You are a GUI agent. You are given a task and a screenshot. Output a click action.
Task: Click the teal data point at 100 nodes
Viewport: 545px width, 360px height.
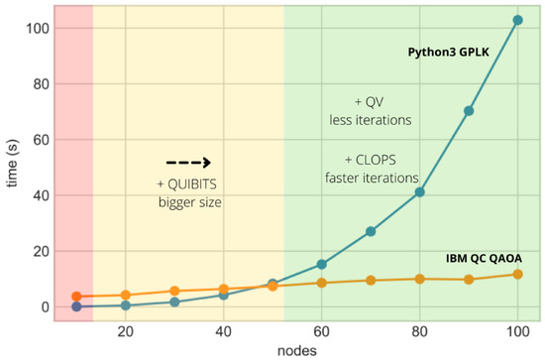point(517,20)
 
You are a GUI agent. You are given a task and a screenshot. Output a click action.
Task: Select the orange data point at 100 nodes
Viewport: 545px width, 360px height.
point(517,274)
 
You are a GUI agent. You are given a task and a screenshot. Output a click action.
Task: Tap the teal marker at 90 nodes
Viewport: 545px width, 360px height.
point(469,110)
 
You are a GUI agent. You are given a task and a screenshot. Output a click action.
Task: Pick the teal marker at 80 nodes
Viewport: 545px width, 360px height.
point(419,191)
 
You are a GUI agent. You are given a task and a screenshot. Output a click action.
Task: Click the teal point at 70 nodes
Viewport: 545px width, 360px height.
point(371,231)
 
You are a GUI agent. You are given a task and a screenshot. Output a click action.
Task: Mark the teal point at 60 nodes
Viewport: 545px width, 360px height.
point(321,264)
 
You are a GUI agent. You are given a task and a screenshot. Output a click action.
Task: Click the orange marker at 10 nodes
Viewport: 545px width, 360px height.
point(76,297)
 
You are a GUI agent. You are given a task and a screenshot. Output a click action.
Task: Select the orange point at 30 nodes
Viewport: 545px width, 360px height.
point(174,292)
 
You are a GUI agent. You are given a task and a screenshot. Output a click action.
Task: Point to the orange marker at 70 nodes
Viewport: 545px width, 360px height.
point(371,281)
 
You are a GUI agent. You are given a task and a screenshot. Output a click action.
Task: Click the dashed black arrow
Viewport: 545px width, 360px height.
point(188,163)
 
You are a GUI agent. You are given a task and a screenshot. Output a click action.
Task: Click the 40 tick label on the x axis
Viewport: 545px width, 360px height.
point(224,330)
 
